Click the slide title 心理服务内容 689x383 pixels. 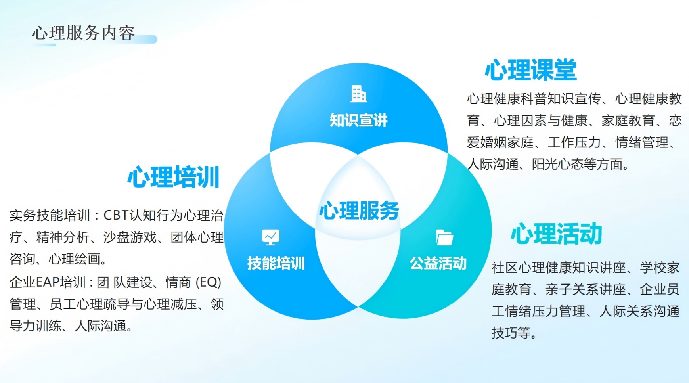(x=83, y=33)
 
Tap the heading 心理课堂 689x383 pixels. (x=531, y=70)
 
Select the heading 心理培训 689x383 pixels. (x=174, y=177)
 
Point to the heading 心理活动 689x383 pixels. (x=557, y=234)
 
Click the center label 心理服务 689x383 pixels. (x=359, y=210)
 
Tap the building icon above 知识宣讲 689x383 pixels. (x=358, y=94)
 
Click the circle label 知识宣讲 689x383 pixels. (x=359, y=120)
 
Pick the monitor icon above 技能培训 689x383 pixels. (x=271, y=237)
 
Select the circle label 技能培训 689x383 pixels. (x=276, y=263)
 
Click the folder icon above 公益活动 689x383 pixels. (x=444, y=237)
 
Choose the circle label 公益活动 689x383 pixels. (x=438, y=263)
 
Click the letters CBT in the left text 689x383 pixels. (x=116, y=215)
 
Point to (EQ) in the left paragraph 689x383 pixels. (x=208, y=282)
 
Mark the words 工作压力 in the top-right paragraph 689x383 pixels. (x=574, y=142)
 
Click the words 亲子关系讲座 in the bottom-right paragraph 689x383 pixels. (x=586, y=289)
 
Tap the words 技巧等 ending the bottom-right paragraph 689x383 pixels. (x=511, y=333)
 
